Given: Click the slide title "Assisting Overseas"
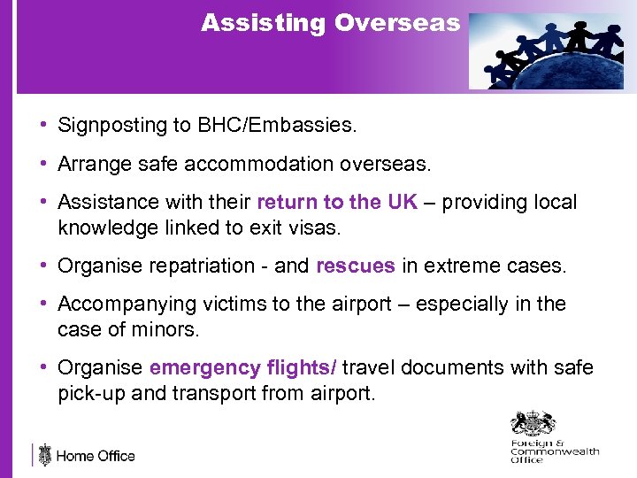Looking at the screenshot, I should pos(330,23).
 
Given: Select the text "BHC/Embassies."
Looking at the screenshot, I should pos(289,126).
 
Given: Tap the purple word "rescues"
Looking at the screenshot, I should pos(355,266).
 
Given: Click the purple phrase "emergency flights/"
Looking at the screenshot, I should pos(243,367).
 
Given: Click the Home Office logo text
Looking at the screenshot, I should pos(95,457).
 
